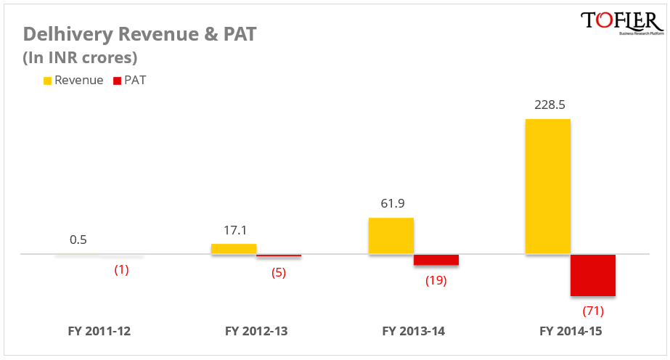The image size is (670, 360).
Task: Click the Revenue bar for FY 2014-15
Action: (547, 187)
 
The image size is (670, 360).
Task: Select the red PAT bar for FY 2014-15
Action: (592, 275)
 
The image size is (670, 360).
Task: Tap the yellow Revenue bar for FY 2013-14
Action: (391, 236)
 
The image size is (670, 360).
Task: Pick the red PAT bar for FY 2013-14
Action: (436, 260)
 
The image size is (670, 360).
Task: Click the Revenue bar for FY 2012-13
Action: (234, 248)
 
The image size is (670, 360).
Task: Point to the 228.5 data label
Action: (550, 105)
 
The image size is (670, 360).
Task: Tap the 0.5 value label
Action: (78, 240)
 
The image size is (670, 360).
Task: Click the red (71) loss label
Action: (593, 311)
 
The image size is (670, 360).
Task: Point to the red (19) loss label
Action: (436, 280)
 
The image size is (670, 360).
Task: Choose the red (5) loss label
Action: (278, 273)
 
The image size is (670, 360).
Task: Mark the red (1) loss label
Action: (121, 269)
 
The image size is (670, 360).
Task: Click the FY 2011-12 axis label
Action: (99, 332)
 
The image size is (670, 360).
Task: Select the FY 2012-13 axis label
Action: (256, 332)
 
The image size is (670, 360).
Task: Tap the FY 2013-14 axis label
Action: (414, 332)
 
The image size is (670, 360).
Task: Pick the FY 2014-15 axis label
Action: (571, 332)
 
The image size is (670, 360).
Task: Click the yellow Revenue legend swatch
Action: (47, 81)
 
